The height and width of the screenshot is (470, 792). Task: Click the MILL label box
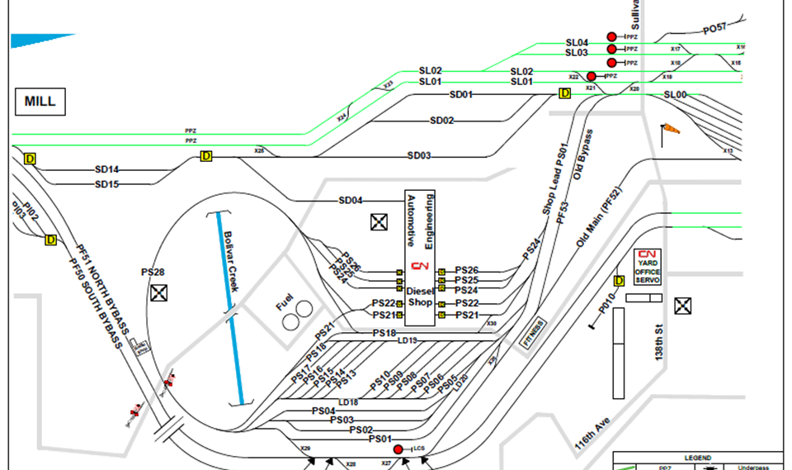tap(40, 102)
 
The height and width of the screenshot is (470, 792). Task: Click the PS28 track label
tap(153, 273)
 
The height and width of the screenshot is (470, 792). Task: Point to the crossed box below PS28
tap(159, 292)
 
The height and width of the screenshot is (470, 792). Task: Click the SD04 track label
tap(351, 201)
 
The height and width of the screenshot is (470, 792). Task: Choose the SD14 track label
tap(107, 169)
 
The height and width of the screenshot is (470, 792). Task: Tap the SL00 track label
tap(675, 96)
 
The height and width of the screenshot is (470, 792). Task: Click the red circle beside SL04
tap(612, 37)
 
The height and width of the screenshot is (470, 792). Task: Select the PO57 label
tap(716, 30)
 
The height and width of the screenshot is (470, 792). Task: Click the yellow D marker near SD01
tap(565, 93)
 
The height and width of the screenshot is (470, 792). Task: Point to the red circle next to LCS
tap(398, 449)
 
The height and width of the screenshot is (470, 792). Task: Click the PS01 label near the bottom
tap(380, 439)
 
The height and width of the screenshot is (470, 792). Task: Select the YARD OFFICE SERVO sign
tap(648, 268)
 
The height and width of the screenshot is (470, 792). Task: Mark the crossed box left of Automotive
tap(379, 221)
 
